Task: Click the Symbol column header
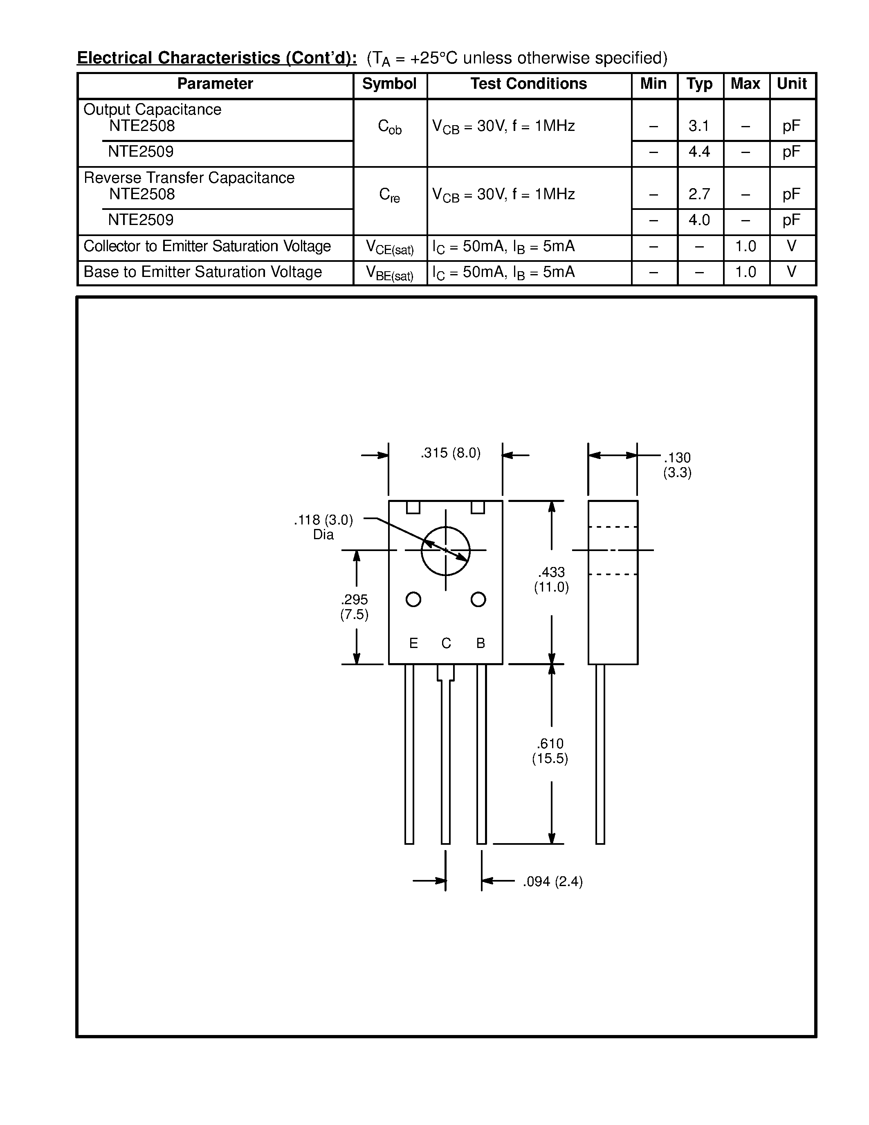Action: click(389, 84)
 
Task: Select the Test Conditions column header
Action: click(528, 84)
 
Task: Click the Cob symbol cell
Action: click(389, 127)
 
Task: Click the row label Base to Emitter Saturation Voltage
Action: click(202, 272)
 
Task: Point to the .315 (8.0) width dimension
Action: click(451, 453)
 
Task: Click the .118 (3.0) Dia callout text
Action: click(323, 527)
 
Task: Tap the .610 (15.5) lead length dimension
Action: click(550, 751)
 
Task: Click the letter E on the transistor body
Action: click(413, 643)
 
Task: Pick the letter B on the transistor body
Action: click(481, 643)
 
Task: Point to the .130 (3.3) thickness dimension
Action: click(677, 465)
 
